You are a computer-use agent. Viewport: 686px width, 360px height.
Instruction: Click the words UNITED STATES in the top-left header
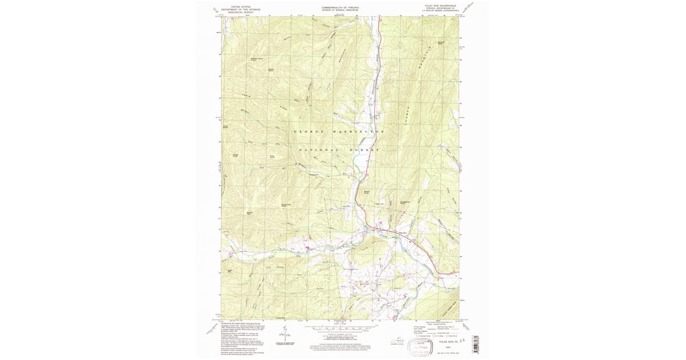pyautogui.click(x=241, y=6)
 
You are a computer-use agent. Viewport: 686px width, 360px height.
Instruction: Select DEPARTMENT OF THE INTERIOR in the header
pyautogui.click(x=241, y=9)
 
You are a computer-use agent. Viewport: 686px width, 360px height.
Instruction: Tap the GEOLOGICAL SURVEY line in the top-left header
pyautogui.click(x=241, y=12)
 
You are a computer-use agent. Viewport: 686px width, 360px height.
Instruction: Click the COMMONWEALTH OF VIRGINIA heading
pyautogui.click(x=341, y=7)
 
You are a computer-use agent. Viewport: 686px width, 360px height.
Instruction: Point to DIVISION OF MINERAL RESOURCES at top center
pyautogui.click(x=341, y=10)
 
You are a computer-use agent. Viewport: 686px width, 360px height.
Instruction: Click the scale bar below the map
pyautogui.click(x=341, y=329)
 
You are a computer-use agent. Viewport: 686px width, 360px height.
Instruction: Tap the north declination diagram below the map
pyautogui.click(x=284, y=332)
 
